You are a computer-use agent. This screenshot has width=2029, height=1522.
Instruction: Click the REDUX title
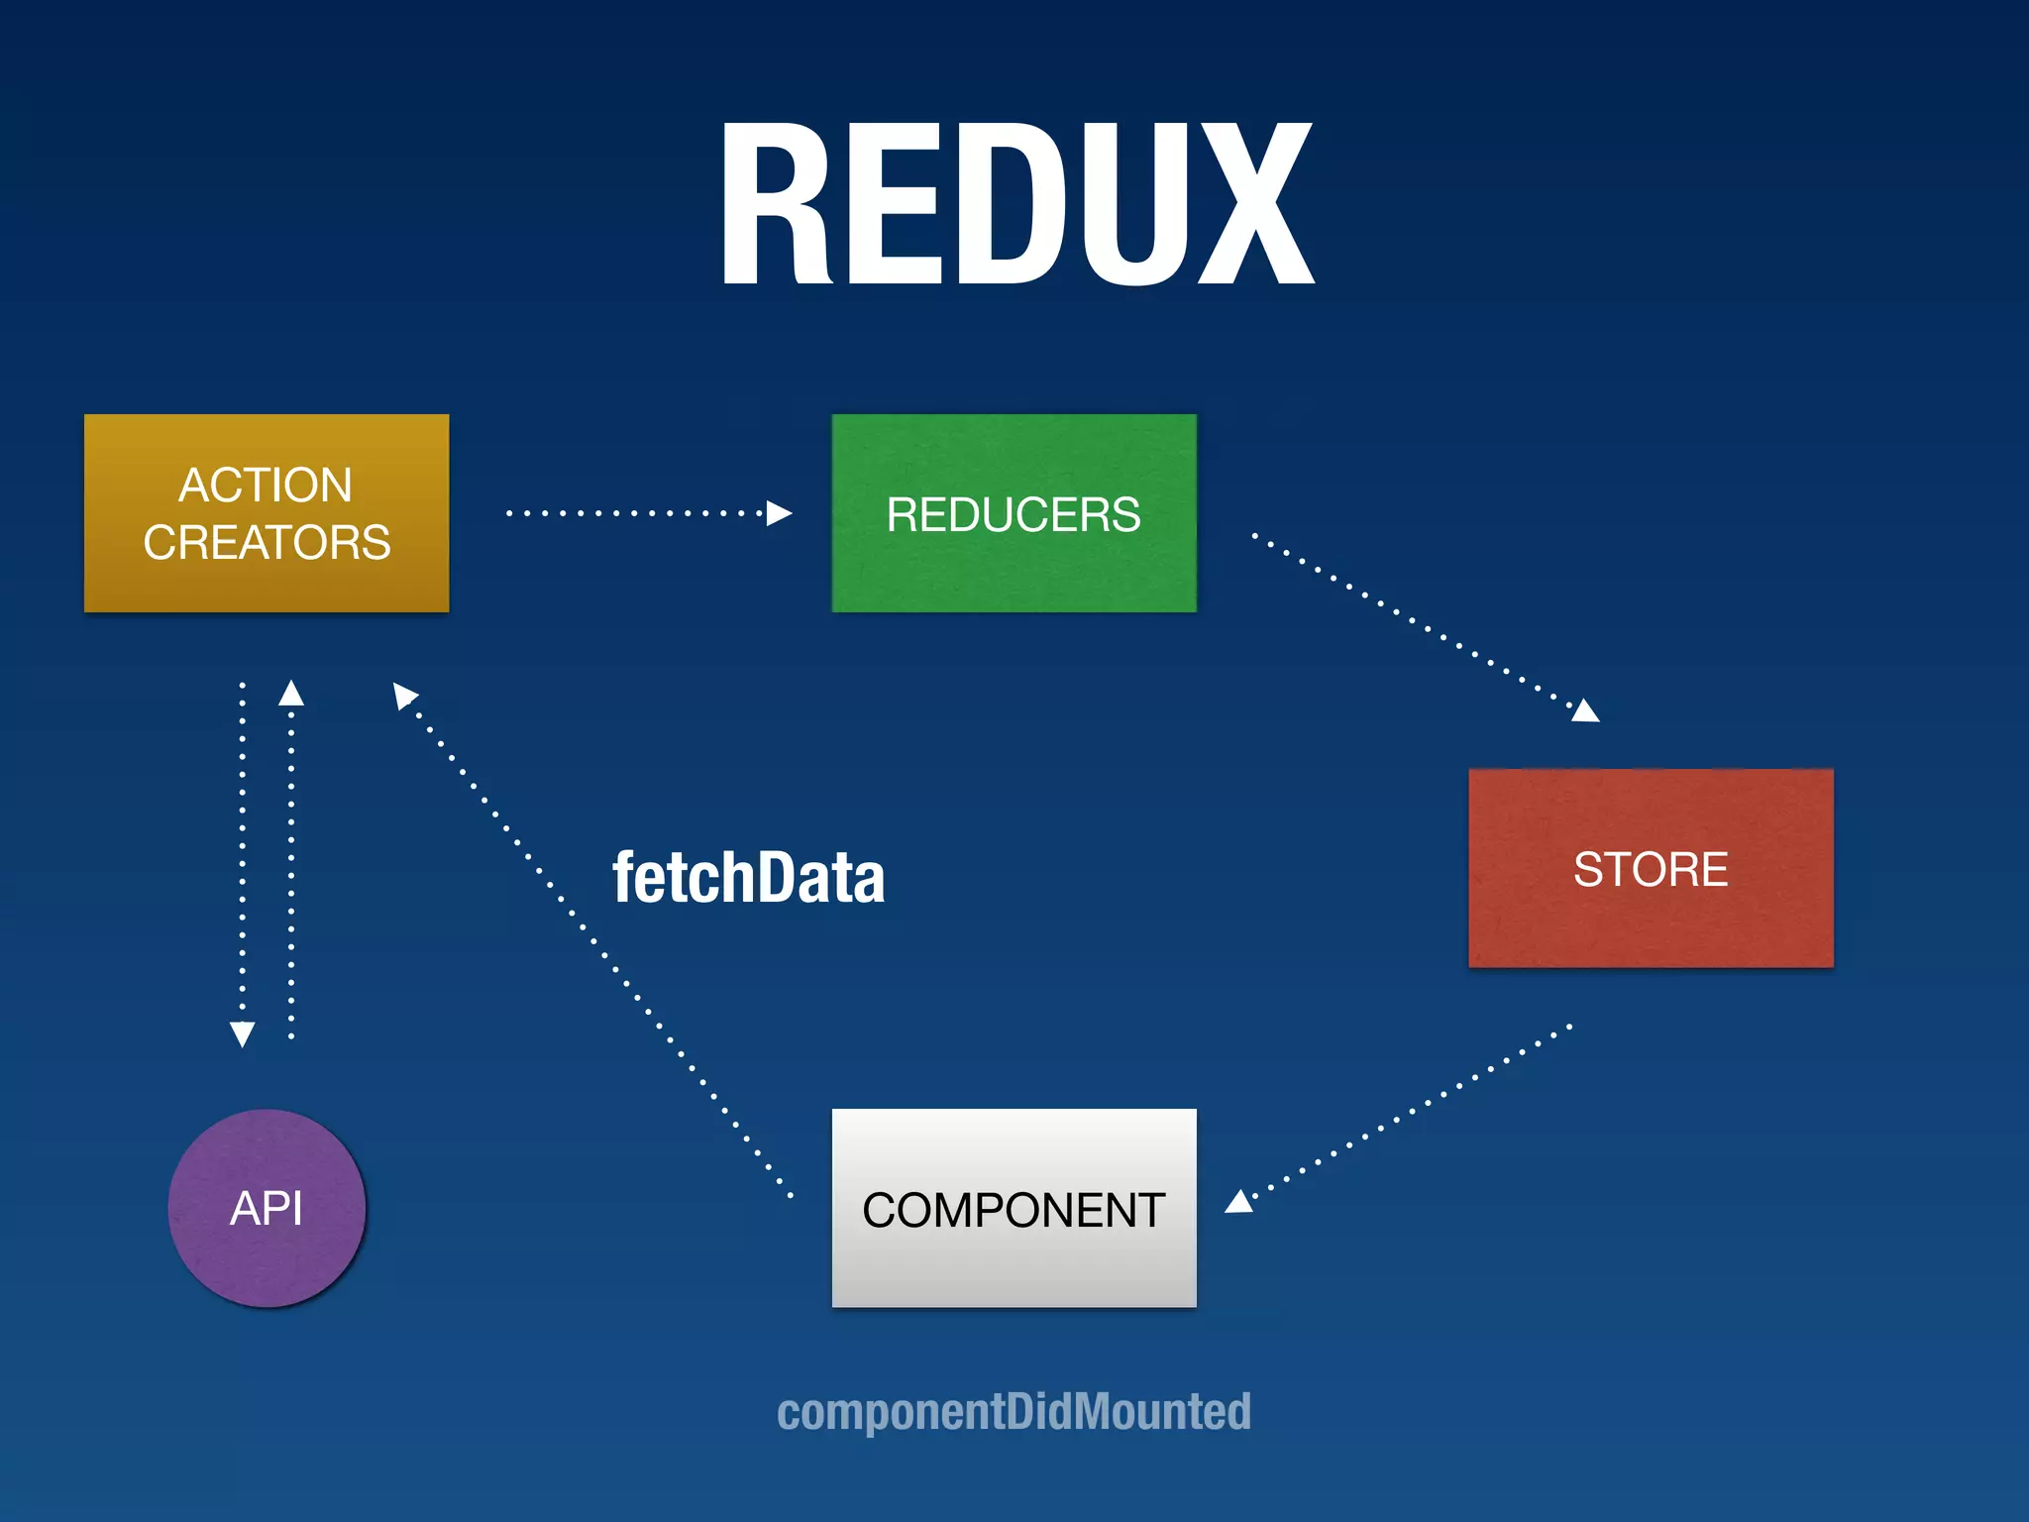[x=1016, y=204]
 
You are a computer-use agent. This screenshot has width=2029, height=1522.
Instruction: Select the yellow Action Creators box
[x=267, y=513]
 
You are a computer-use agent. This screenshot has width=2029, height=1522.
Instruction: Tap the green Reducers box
[x=1014, y=513]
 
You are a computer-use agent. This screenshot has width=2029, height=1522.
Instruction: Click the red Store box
[x=1651, y=868]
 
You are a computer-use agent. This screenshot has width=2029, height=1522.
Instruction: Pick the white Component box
[x=1014, y=1208]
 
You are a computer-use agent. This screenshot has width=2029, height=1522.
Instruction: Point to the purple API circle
[x=267, y=1208]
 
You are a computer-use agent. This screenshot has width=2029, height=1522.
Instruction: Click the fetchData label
[x=748, y=878]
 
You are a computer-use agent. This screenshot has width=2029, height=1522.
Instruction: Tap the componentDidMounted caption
[x=1014, y=1411]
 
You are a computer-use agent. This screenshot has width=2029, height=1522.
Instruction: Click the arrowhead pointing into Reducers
[x=780, y=513]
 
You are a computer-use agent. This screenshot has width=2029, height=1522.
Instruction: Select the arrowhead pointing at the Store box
[x=1585, y=710]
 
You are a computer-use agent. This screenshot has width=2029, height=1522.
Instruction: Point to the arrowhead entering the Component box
[x=1239, y=1202]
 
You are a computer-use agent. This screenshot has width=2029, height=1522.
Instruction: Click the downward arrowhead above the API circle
[x=243, y=1033]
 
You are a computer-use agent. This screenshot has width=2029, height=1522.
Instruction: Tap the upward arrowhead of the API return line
[x=291, y=693]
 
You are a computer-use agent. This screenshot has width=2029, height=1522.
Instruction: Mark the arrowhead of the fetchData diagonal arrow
[x=403, y=695]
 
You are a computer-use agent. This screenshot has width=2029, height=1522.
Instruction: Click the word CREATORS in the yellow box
[x=267, y=543]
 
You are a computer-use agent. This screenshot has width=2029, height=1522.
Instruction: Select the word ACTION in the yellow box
[x=266, y=486]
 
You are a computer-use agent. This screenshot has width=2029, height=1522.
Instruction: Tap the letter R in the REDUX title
[x=773, y=204]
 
